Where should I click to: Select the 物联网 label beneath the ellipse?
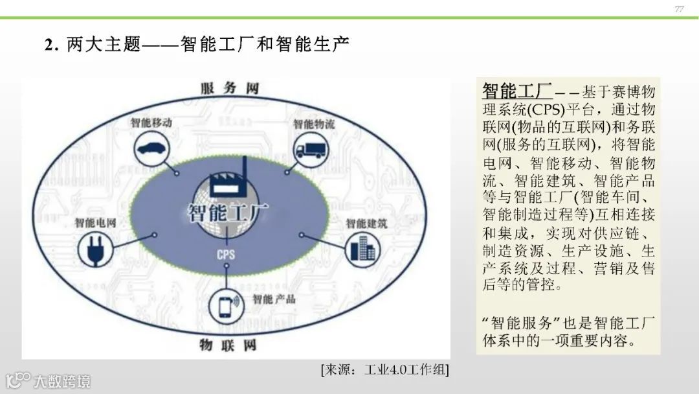[228, 344]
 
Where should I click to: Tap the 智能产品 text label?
[274, 299]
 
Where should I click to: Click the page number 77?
[679, 9]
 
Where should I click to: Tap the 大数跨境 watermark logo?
[49, 380]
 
